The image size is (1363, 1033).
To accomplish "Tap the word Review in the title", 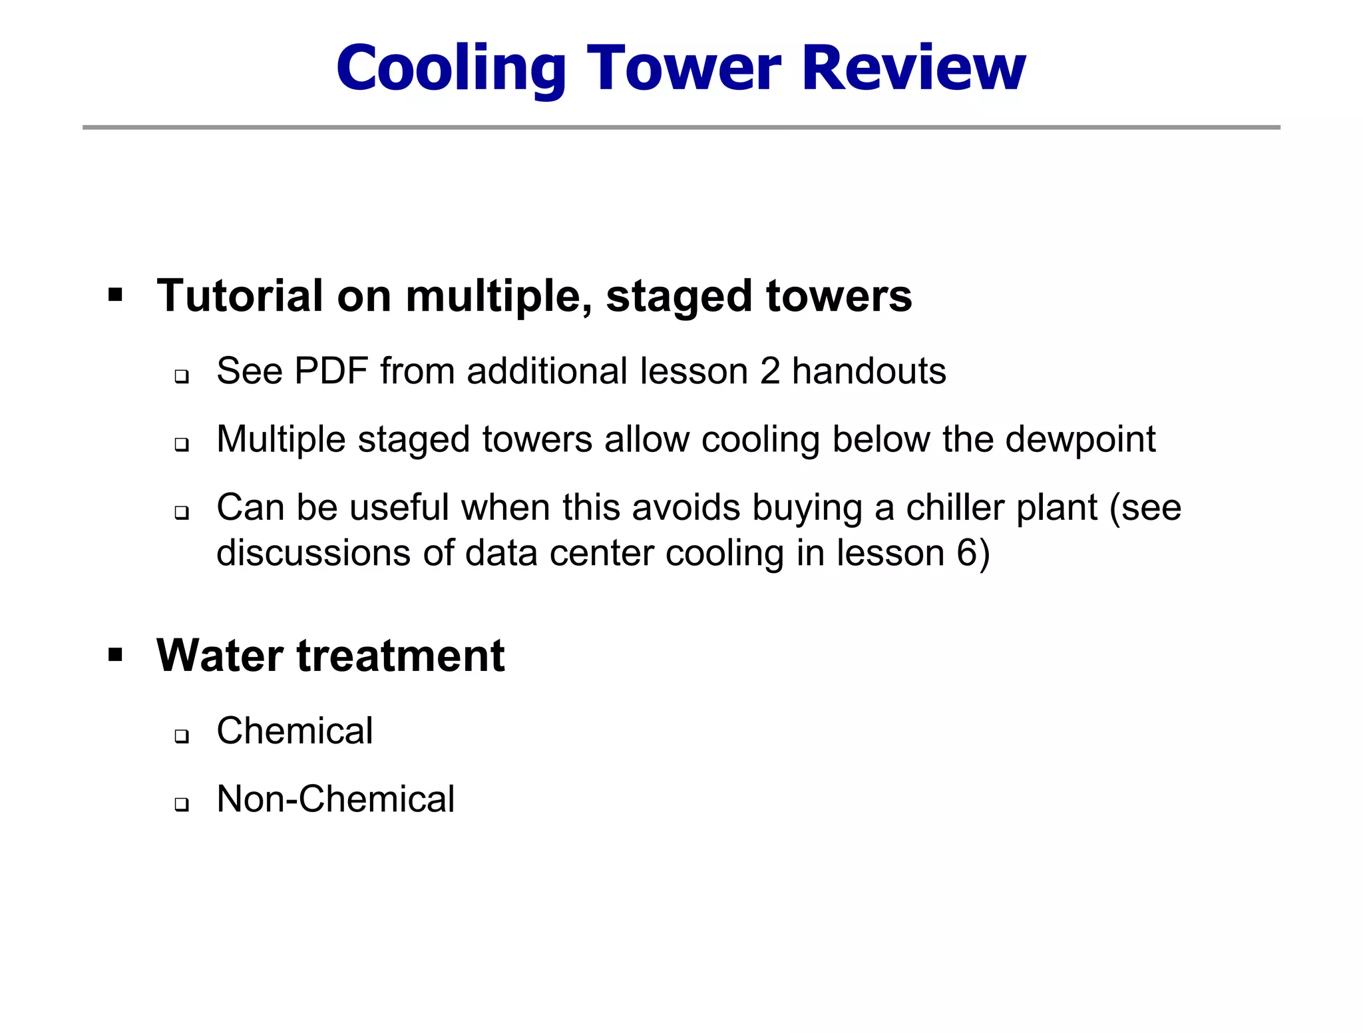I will coord(914,68).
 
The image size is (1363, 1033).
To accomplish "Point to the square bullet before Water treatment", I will coord(116,655).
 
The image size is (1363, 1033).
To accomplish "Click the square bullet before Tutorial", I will coord(116,295).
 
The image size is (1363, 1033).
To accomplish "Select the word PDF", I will coord(331,371).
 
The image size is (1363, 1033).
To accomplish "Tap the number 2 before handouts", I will coord(769,371).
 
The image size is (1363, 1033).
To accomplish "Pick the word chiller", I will coord(954,508).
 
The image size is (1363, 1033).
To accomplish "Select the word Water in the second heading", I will coord(219,656).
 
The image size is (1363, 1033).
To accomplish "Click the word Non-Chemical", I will coord(335,799).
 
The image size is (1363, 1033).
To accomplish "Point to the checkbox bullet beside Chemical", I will coord(182,736).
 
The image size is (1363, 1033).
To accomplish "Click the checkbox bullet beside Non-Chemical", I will coord(182,805).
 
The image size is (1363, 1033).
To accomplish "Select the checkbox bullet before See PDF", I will coord(182,377).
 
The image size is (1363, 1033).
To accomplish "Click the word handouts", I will coord(869,371).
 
